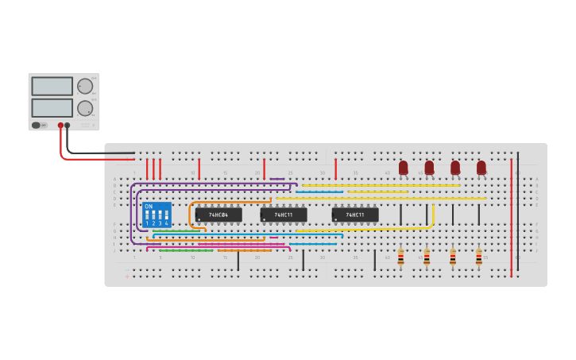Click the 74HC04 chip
[218, 215]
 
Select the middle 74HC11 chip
[284, 215]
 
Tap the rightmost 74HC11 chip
[355, 215]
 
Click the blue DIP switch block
[157, 215]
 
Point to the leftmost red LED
[404, 167]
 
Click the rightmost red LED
[481, 167]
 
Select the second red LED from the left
[429, 167]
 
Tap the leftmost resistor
[400, 257]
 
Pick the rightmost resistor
[478, 257]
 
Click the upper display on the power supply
[52, 86]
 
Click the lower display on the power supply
[52, 106]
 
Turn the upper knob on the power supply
[84, 86]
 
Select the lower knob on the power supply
[84, 107]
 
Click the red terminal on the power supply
[60, 126]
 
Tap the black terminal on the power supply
[68, 126]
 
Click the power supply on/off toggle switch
[37, 125]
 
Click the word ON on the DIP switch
[149, 207]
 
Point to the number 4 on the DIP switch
[166, 224]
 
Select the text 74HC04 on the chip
[218, 215]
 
